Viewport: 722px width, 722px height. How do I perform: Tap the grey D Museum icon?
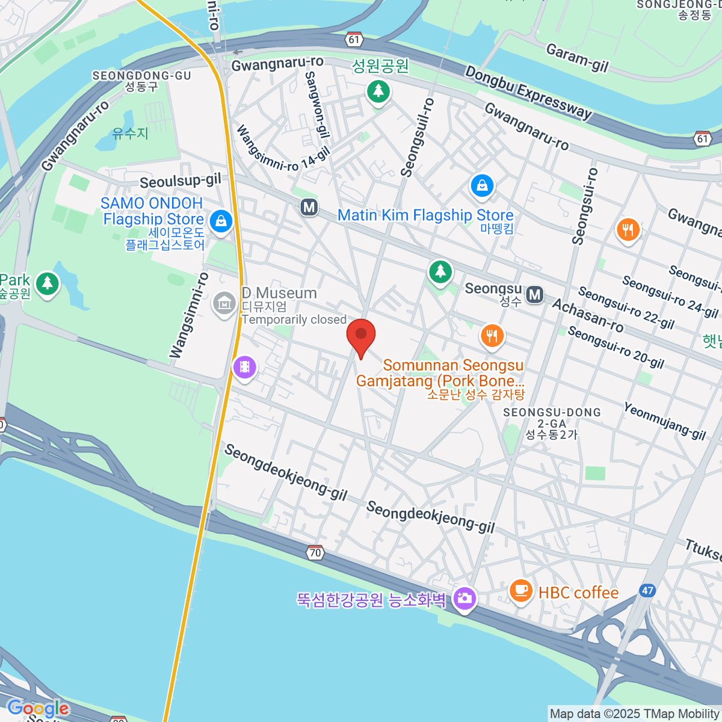click(224, 304)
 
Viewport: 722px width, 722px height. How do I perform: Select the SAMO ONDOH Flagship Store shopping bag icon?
click(221, 221)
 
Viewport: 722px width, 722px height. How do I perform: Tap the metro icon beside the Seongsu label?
click(534, 295)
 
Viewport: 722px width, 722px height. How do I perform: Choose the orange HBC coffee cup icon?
click(521, 591)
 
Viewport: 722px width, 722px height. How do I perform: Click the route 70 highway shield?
click(315, 552)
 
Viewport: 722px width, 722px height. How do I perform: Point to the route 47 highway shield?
click(647, 590)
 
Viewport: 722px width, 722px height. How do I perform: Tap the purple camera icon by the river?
click(464, 599)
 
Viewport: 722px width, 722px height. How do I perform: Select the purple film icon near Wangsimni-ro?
click(244, 366)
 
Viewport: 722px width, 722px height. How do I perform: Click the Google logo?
click(37, 708)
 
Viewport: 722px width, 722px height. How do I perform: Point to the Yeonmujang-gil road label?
click(665, 421)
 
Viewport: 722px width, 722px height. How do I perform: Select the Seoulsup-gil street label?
click(180, 180)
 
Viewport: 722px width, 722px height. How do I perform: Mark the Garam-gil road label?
click(577, 58)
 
